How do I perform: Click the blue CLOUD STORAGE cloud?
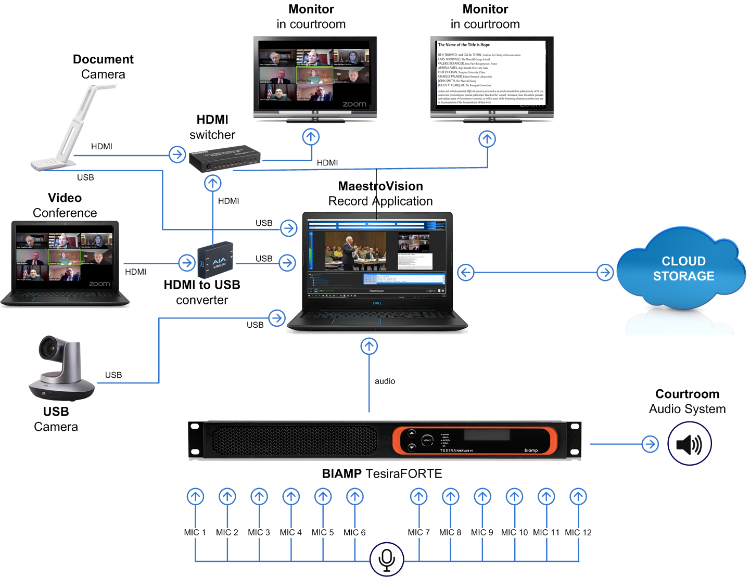pos(682,268)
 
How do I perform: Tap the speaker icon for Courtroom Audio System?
pos(689,444)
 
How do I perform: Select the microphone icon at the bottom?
pos(387,559)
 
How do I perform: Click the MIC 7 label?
pos(418,532)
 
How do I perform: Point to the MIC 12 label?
pos(578,532)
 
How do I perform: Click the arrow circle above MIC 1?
pos(196,496)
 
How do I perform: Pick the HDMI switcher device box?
pos(224,159)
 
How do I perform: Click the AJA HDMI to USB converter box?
pos(215,260)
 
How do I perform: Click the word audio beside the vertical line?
pos(385,381)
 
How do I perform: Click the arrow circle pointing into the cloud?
pos(605,272)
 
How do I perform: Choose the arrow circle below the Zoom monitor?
pos(311,137)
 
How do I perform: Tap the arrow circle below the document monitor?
pos(487,139)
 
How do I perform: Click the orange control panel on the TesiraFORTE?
pos(474,440)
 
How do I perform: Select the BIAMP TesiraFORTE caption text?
pos(382,473)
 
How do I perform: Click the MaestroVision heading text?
pos(380,186)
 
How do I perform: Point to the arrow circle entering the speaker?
pos(650,444)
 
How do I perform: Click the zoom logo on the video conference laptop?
pos(99,284)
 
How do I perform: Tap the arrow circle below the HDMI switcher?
pos(212,183)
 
